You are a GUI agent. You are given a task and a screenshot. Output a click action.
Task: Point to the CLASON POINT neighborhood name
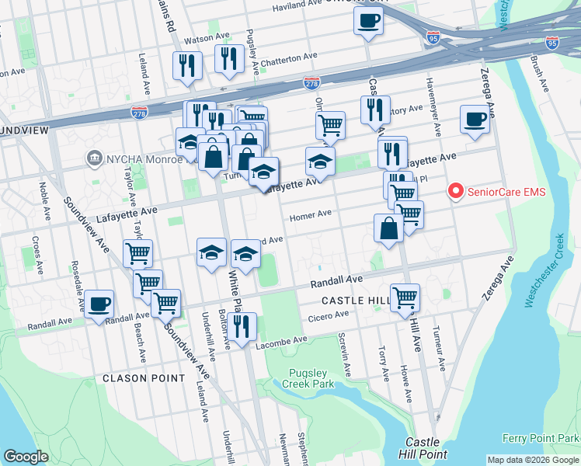tap(144, 378)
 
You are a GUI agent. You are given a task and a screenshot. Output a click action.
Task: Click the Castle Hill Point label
tap(423, 447)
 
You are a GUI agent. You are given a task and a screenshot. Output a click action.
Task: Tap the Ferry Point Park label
tap(541, 440)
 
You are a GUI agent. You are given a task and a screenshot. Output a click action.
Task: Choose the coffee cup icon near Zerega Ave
tap(474, 120)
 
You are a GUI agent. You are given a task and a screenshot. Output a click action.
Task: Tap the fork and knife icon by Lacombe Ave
tap(242, 327)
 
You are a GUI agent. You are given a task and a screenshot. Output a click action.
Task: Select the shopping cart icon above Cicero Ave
tap(405, 297)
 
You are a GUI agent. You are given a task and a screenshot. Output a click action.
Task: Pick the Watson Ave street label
tap(206, 37)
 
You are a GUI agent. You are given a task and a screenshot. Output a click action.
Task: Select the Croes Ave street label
tap(36, 253)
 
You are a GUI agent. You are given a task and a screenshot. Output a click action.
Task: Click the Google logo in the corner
tap(26, 457)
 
